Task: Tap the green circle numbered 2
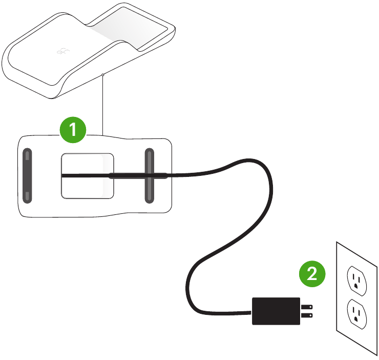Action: pos(312,274)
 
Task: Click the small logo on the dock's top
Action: pos(62,51)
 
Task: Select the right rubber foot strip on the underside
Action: pos(149,176)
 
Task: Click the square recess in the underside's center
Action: pos(88,187)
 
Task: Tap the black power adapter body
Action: pos(276,310)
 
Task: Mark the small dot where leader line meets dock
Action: pos(103,75)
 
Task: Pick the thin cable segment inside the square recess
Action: pos(85,175)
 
